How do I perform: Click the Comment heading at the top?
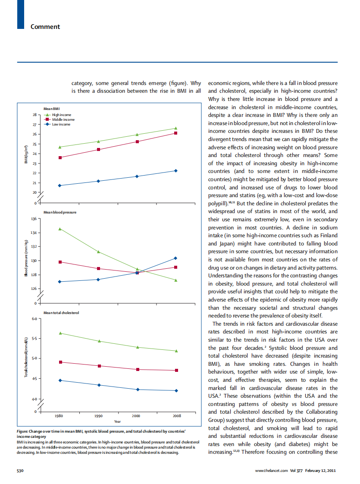click(x=45, y=27)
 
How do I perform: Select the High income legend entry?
click(x=62, y=115)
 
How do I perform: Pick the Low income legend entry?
click(x=61, y=124)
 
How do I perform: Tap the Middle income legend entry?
click(x=63, y=119)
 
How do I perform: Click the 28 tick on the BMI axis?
click(x=35, y=115)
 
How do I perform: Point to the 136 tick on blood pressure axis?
click(x=34, y=219)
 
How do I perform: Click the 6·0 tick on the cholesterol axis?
click(x=34, y=319)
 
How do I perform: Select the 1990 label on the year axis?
click(x=98, y=416)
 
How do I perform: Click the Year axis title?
click(x=117, y=421)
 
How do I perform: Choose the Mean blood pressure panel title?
click(x=60, y=213)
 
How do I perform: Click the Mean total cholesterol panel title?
click(x=61, y=312)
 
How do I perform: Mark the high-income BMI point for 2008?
click(x=176, y=128)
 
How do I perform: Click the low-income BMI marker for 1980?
click(x=60, y=185)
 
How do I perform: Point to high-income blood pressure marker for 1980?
click(x=60, y=229)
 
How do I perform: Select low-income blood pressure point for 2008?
click(x=176, y=258)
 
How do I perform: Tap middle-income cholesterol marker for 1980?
click(x=60, y=362)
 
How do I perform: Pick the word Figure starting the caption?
click(x=22, y=431)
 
